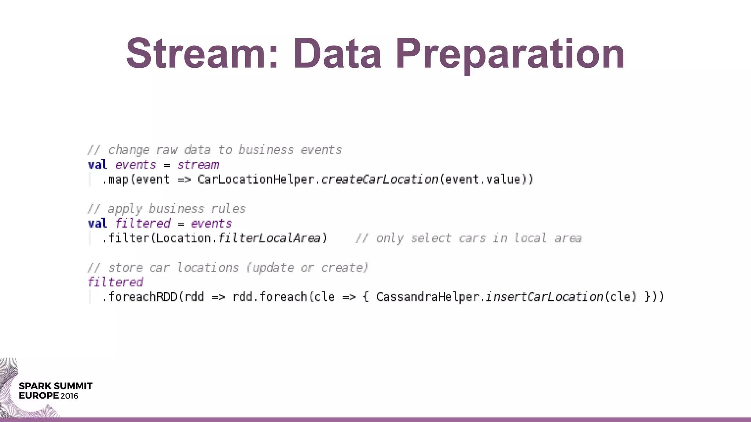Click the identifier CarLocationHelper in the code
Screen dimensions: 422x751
pos(256,179)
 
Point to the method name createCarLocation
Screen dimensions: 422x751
pos(380,179)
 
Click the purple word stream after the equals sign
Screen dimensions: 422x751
pos(198,165)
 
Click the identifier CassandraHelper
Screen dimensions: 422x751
pos(428,297)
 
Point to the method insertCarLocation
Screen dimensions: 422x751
pos(545,297)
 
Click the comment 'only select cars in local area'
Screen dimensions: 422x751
pos(468,238)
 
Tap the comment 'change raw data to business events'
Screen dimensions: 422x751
pos(215,150)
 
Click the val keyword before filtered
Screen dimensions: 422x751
pos(98,223)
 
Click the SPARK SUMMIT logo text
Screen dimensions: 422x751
pos(55,386)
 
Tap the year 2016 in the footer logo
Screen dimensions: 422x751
pos(69,396)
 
